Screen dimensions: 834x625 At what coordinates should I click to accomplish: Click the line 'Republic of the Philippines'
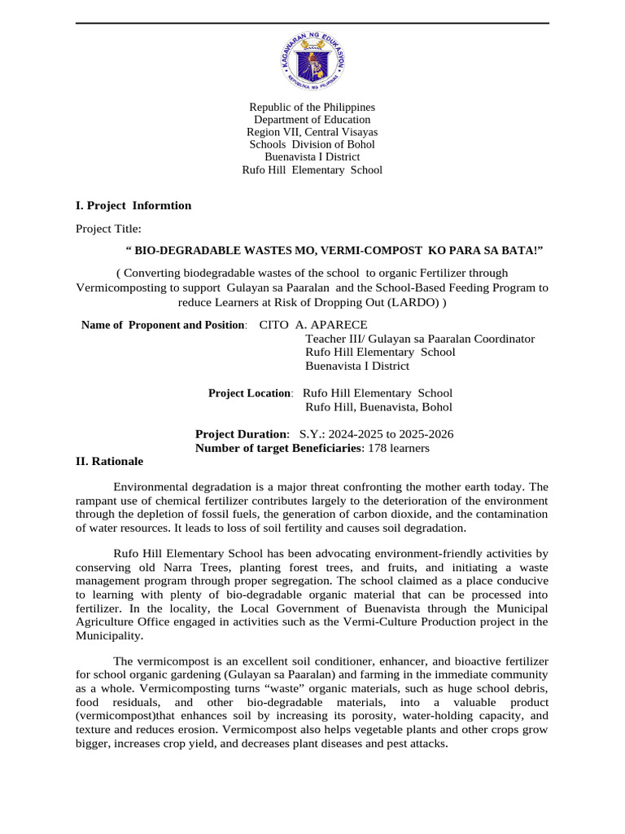312,108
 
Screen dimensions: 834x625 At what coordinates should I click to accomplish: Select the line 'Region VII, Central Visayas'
312,132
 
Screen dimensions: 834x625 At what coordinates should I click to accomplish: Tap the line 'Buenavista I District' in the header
312,157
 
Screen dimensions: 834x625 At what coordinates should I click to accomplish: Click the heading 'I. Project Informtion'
133,205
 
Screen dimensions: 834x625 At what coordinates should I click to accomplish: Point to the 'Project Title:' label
108,229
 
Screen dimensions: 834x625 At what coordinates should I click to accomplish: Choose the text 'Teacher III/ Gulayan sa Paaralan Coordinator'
419,339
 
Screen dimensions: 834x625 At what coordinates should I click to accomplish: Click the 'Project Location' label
249,393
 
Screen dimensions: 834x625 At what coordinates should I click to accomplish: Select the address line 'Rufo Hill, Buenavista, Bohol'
378,407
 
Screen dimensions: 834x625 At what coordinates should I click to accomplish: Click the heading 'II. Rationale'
109,461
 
